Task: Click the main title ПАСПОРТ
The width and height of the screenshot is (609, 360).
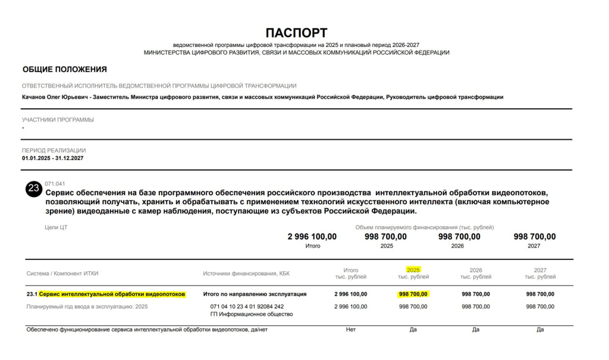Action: (x=296, y=33)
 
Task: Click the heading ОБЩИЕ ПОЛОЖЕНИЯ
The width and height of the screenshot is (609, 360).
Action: (x=65, y=70)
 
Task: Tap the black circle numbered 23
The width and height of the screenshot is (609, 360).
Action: (x=33, y=189)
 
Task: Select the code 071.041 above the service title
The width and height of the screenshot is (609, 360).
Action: (x=55, y=184)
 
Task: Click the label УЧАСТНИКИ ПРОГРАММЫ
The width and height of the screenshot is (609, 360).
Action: (x=58, y=120)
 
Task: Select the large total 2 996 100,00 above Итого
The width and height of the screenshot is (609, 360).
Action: (x=312, y=237)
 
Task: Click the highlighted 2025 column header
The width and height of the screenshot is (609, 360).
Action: (x=413, y=270)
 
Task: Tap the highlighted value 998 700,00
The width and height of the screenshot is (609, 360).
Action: (x=413, y=294)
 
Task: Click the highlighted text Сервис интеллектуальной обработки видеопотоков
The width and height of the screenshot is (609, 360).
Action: (x=112, y=294)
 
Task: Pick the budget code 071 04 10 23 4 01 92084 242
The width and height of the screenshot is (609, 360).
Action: (x=247, y=306)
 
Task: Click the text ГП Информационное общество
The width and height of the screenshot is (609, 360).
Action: (x=252, y=314)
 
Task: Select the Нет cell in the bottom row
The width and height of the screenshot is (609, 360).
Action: (x=351, y=330)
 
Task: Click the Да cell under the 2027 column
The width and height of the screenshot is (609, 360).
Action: (x=540, y=330)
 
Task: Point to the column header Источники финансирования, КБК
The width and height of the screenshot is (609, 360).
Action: (x=246, y=273)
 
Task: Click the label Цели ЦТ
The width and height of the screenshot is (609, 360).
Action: (x=56, y=227)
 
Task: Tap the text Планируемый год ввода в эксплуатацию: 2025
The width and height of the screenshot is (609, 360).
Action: (x=87, y=306)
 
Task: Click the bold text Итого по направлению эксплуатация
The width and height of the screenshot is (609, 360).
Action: (x=255, y=294)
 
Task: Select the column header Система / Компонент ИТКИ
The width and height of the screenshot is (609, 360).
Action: (x=62, y=273)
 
